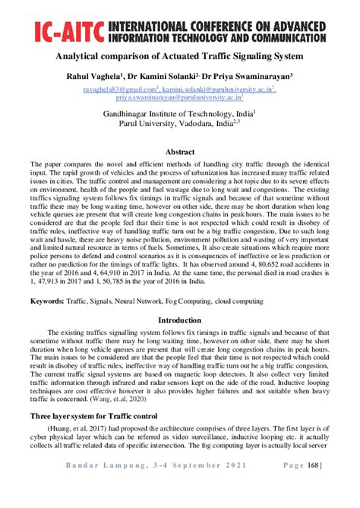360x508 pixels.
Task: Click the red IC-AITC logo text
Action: (x=69, y=32)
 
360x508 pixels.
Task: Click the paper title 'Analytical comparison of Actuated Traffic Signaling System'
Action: (x=179, y=57)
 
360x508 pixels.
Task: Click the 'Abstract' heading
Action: (x=180, y=152)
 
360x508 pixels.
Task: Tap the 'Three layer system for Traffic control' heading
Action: (x=92, y=417)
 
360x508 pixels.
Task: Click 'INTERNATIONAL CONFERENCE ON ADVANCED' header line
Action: (x=229, y=26)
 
